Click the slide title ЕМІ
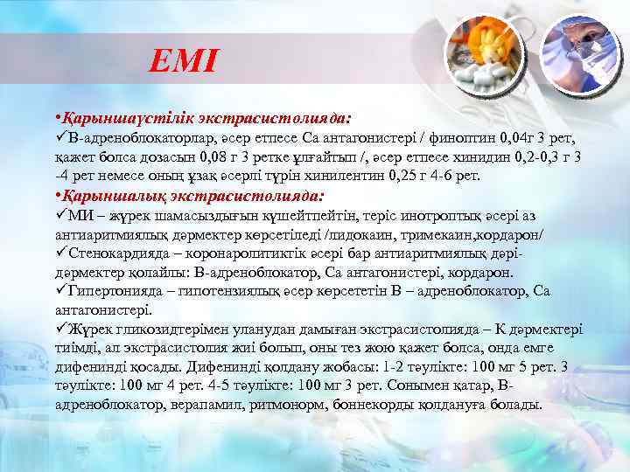(183, 60)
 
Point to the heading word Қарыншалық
(106, 196)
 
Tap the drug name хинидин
(475, 157)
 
